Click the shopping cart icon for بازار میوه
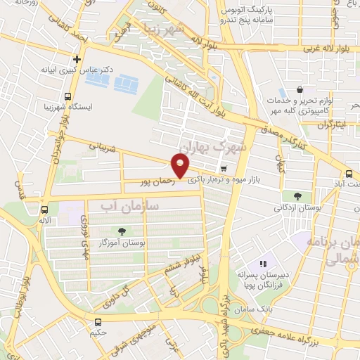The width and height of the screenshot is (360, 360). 224,168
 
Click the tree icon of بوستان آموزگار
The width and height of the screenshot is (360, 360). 123,231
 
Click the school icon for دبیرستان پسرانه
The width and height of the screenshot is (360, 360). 265,264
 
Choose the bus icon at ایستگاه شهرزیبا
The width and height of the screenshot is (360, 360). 67,96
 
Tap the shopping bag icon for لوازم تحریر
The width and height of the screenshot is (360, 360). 300,90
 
